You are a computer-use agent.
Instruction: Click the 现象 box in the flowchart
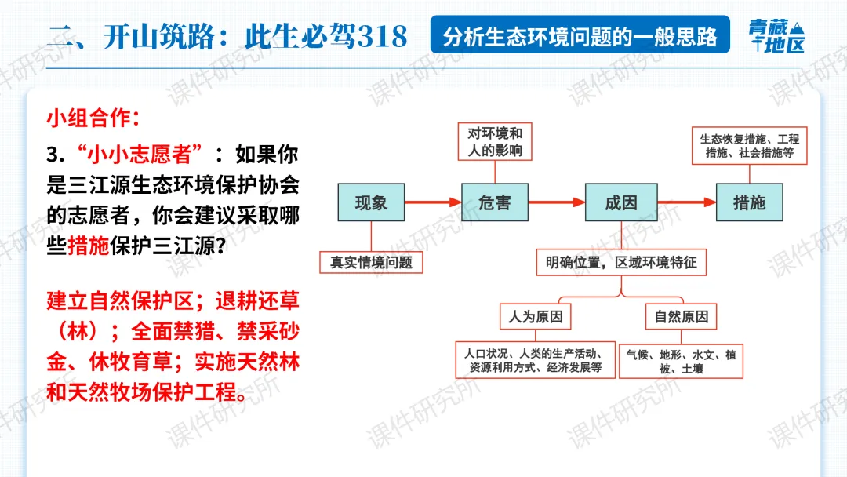[371, 203]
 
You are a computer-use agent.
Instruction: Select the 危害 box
[494, 203]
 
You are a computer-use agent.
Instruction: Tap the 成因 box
[620, 203]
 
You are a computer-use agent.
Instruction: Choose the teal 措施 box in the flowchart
[749, 203]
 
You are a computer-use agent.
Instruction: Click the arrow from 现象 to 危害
[431, 203]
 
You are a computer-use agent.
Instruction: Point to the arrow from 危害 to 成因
[556, 203]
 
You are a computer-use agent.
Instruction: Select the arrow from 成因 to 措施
[685, 203]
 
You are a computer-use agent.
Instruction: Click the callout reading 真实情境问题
[371, 262]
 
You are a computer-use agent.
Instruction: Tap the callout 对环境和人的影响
[495, 141]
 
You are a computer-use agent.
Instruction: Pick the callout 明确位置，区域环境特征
[621, 262]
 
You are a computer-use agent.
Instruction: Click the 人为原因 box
[536, 316]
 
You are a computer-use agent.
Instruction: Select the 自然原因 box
[682, 316]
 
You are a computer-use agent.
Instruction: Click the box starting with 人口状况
[535, 361]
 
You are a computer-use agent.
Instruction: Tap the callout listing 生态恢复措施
[749, 146]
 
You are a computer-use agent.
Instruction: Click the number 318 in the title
[382, 36]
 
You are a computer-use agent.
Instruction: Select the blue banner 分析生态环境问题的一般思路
[580, 36]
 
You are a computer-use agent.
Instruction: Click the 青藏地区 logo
[776, 36]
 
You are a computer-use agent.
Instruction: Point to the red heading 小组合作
[93, 118]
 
